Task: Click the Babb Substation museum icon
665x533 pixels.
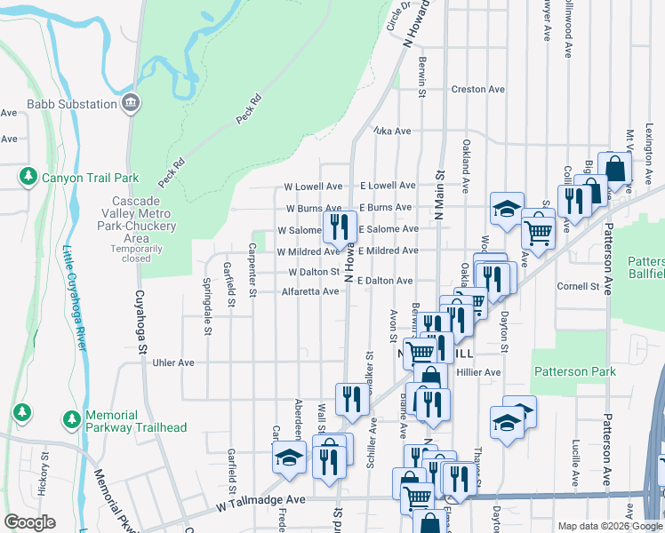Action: click(131, 104)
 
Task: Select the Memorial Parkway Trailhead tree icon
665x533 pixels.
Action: click(71, 418)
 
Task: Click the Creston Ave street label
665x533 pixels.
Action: click(477, 90)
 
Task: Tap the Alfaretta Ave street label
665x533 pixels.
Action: click(310, 291)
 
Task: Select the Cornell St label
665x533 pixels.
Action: click(578, 286)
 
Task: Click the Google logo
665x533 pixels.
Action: click(29, 522)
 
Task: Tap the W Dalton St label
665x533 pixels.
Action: click(314, 272)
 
